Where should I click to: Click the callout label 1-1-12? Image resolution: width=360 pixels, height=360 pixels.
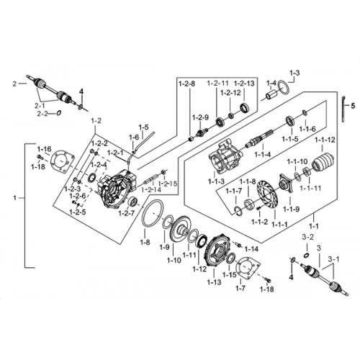pyautogui.click(x=325, y=140)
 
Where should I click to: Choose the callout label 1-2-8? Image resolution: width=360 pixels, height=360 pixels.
pyautogui.click(x=186, y=84)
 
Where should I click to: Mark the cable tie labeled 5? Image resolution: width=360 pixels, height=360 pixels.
pyautogui.click(x=343, y=109)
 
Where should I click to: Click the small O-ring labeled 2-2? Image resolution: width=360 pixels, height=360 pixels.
pyautogui.click(x=58, y=112)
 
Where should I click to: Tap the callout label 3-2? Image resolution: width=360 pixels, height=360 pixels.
pyautogui.click(x=307, y=238)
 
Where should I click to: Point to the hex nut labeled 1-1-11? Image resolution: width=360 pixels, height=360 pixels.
pyautogui.click(x=307, y=172)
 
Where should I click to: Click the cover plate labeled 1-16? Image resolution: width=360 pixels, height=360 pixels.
pyautogui.click(x=63, y=162)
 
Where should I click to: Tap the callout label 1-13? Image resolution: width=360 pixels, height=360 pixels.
pyautogui.click(x=214, y=282)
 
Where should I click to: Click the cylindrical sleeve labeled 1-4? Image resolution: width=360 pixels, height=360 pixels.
pyautogui.click(x=271, y=94)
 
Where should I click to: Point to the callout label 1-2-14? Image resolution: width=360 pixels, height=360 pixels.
pyautogui.click(x=151, y=190)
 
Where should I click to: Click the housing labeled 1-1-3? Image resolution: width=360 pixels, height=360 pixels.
pyautogui.click(x=224, y=157)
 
